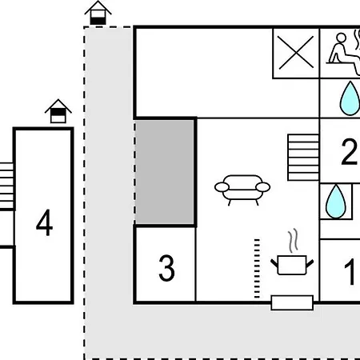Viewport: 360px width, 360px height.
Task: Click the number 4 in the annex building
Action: point(44,222)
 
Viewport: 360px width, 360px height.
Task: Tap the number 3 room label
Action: point(166,268)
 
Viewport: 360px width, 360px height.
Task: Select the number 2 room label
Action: point(349,151)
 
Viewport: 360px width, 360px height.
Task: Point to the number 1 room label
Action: point(350,272)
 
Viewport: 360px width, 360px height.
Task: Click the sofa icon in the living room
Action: point(242,190)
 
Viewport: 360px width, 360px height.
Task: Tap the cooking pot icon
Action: point(292,265)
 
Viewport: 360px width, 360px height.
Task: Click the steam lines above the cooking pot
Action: point(293,241)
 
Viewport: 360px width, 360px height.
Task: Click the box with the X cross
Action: point(296,53)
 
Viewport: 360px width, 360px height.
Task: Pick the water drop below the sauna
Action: point(350,98)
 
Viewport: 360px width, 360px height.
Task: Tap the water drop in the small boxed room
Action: point(336,201)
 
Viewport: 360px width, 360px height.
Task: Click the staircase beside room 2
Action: point(303,158)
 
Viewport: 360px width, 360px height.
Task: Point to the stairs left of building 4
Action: point(6,186)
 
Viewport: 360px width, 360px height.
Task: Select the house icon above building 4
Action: point(58,111)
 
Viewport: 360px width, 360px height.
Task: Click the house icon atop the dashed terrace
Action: point(98,13)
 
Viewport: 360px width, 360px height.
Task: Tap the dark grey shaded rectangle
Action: point(165,172)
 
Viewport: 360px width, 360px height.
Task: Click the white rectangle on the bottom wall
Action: point(292,302)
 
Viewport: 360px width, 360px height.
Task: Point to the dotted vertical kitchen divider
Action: point(257,269)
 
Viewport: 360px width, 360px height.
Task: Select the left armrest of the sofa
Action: point(222,187)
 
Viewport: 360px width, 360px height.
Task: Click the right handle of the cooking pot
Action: point(310,264)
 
